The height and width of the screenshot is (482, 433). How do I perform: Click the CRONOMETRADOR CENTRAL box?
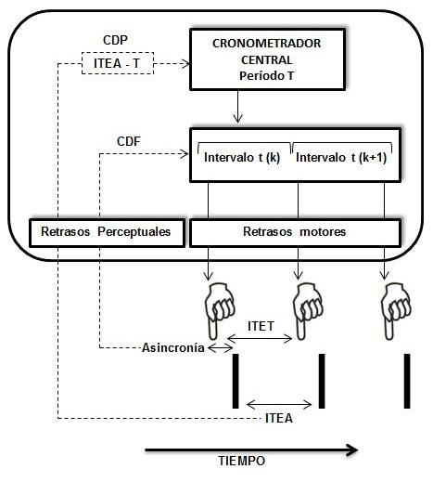click(x=267, y=59)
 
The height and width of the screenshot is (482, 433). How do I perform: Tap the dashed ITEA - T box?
click(x=118, y=63)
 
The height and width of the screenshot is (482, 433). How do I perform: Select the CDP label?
click(x=115, y=40)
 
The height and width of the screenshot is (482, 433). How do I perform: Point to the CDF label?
click(x=129, y=141)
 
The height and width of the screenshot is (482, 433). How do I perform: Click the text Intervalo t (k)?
click(x=242, y=158)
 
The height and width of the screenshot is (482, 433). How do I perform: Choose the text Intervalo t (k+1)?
click(x=341, y=158)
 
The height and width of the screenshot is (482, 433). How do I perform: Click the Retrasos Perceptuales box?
click(x=108, y=232)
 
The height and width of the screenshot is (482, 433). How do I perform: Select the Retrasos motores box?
click(x=295, y=232)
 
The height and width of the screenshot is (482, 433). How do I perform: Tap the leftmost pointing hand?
click(x=219, y=310)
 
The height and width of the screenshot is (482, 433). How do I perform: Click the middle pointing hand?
click(x=307, y=310)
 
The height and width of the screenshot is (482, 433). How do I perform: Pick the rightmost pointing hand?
click(x=395, y=310)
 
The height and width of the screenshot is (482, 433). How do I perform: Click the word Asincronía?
click(x=173, y=348)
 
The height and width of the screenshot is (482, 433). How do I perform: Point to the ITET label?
click(x=261, y=326)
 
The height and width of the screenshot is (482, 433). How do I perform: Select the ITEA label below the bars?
click(x=279, y=418)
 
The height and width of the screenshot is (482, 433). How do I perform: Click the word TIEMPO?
click(x=242, y=461)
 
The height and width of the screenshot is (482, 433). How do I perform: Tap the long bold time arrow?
click(x=251, y=449)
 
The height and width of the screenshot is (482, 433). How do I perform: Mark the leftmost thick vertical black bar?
click(x=236, y=381)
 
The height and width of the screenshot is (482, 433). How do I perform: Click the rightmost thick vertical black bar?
click(x=407, y=381)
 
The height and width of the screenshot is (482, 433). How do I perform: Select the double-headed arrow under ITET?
click(x=260, y=339)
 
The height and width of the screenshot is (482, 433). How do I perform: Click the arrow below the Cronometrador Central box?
click(x=237, y=107)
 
